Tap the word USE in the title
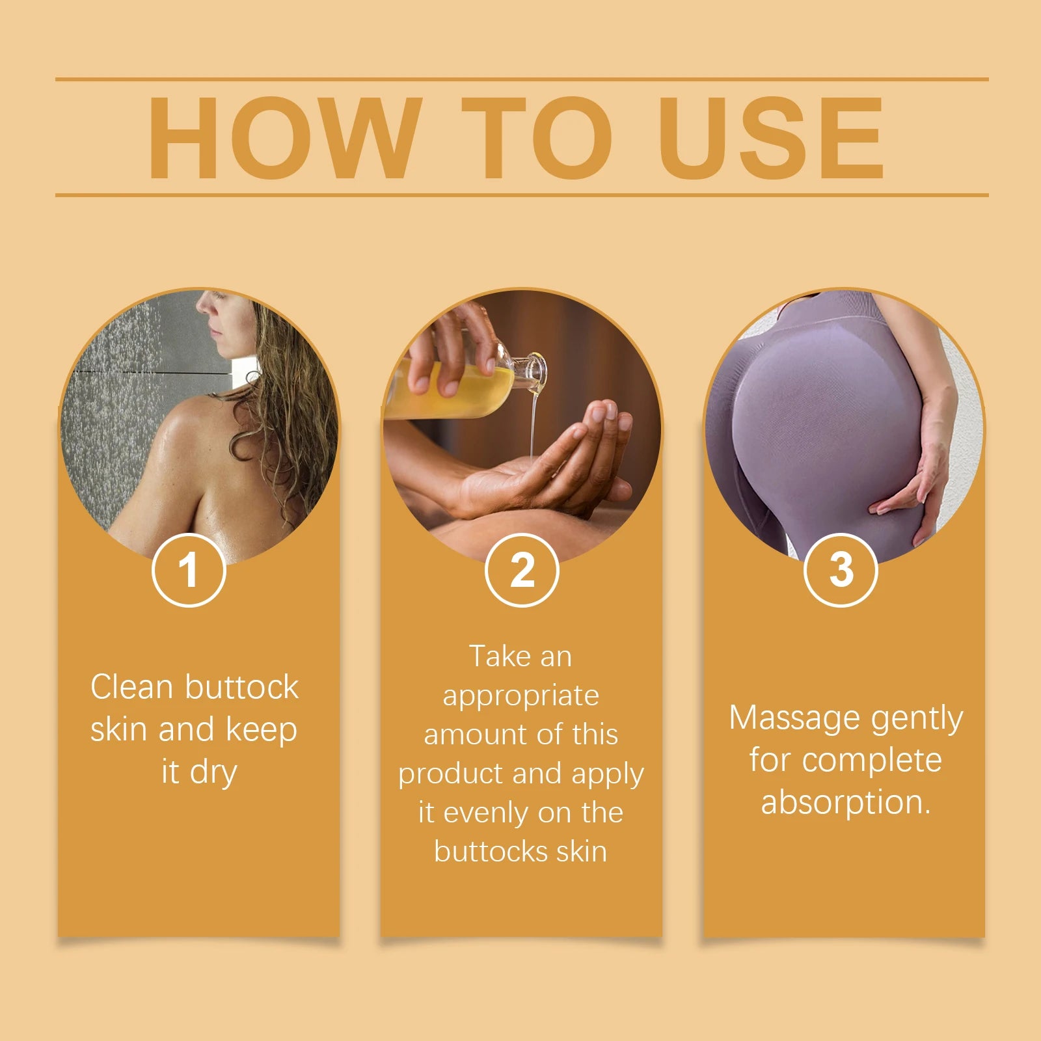(x=771, y=137)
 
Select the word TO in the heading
(x=537, y=137)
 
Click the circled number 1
(x=189, y=570)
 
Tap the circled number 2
(x=522, y=570)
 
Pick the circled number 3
(x=841, y=570)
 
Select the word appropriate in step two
(x=520, y=696)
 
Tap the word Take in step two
(x=497, y=656)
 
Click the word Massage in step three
(x=794, y=718)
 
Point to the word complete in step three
(x=871, y=761)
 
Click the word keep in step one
(x=261, y=730)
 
